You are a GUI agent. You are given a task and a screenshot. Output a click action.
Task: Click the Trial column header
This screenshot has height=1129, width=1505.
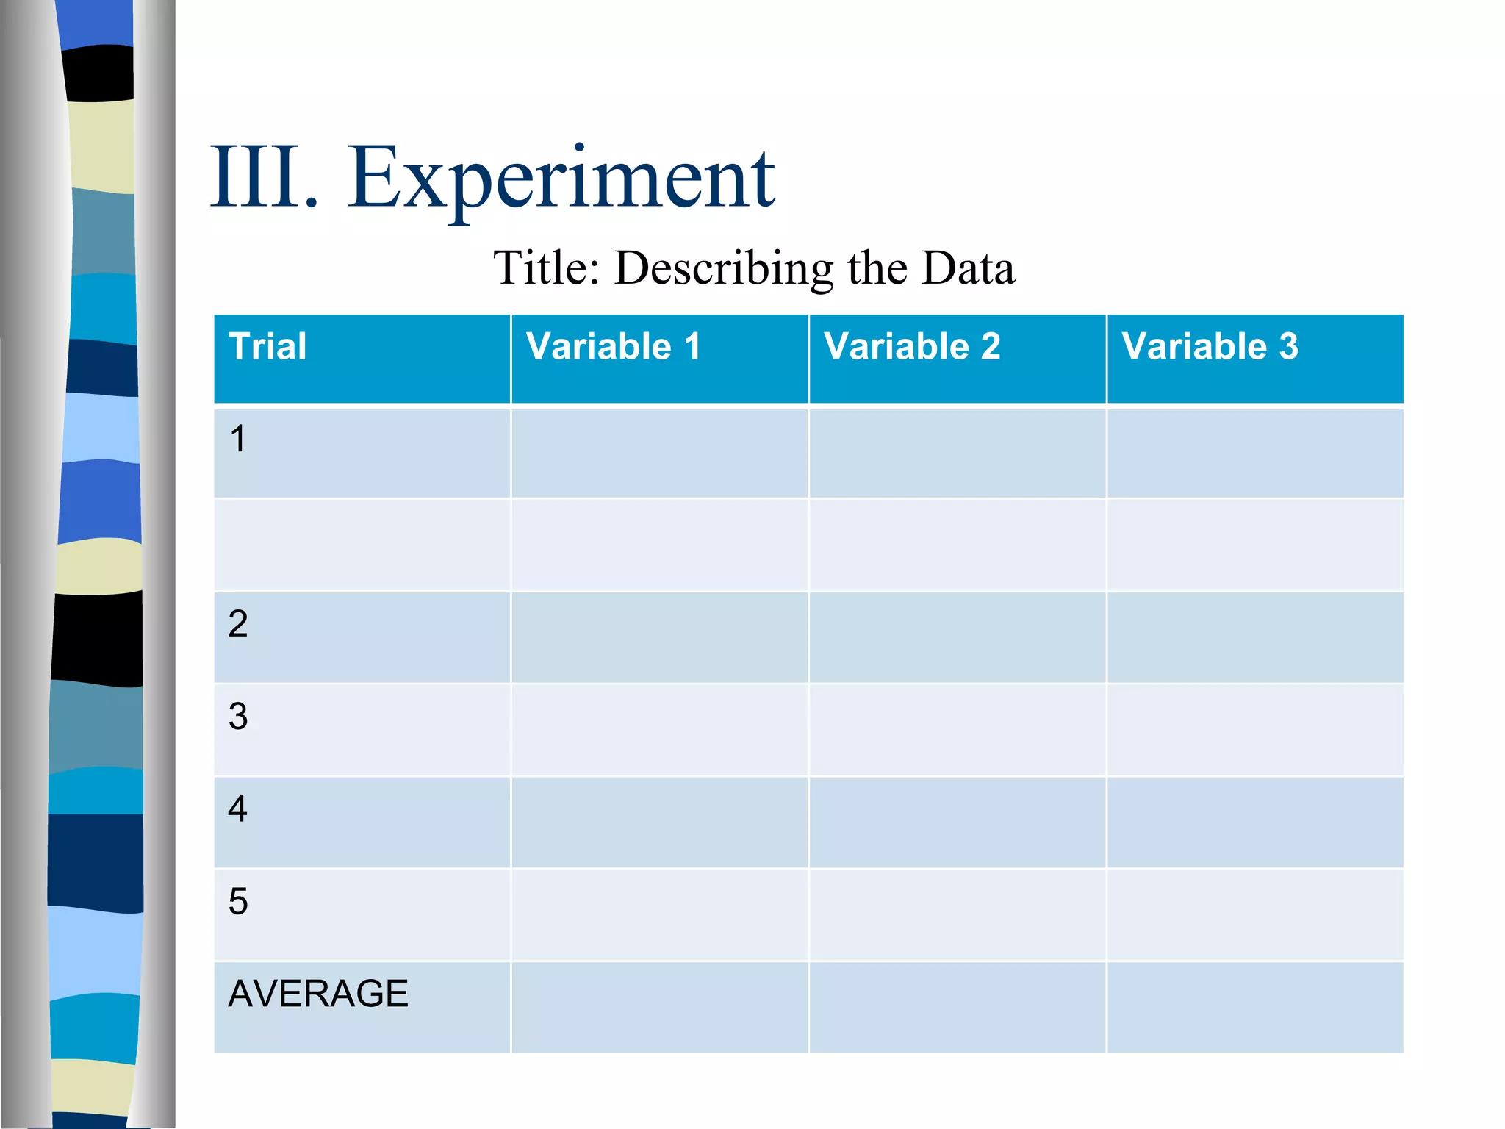point(267,346)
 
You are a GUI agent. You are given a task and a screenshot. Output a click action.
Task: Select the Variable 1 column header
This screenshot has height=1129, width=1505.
point(614,346)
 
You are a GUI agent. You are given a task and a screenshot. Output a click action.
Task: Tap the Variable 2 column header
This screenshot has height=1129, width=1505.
point(912,346)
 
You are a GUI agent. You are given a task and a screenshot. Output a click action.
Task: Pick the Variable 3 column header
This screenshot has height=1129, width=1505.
point(1210,346)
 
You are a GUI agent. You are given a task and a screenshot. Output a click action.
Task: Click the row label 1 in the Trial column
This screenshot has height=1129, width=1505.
point(237,439)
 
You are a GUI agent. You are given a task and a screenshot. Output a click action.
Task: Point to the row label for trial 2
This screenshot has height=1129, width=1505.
point(237,624)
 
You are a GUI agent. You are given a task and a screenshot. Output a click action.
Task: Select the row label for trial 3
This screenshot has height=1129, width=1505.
point(237,717)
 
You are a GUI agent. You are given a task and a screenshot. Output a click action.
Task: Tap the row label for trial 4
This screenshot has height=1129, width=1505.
point(237,809)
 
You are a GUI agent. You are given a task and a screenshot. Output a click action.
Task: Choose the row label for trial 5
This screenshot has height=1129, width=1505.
point(237,901)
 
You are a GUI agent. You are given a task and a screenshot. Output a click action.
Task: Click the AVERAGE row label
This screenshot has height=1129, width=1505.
point(317,994)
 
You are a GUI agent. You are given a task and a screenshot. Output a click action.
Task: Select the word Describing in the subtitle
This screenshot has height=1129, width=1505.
point(724,268)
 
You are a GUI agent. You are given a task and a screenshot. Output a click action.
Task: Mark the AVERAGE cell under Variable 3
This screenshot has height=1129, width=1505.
point(1254,1007)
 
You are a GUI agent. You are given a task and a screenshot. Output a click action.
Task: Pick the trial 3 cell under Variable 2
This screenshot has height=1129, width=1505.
point(957,730)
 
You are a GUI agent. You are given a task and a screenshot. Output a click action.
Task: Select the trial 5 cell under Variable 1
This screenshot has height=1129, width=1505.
point(659,914)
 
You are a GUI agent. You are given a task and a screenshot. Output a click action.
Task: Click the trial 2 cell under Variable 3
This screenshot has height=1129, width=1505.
point(1254,637)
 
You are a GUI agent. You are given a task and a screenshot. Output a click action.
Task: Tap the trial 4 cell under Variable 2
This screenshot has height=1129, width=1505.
point(957,822)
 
